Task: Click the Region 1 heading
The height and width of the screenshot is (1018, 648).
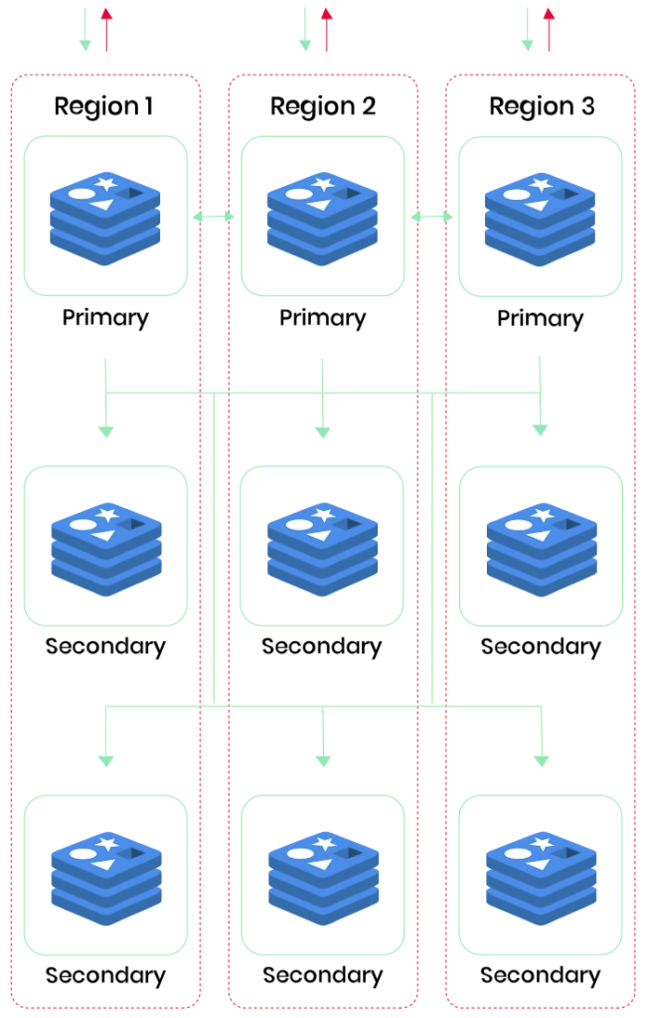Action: tap(103, 106)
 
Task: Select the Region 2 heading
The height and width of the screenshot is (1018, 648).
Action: tap(323, 106)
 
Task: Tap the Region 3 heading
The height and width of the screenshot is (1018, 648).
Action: tap(542, 106)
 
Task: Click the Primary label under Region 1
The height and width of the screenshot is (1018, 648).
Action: tap(105, 318)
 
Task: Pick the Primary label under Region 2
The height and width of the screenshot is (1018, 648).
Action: tap(322, 318)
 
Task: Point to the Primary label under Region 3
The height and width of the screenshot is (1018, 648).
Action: tap(540, 318)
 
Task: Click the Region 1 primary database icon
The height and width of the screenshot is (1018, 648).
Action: tap(105, 218)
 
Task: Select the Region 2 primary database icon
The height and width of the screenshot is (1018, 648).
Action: tap(322, 218)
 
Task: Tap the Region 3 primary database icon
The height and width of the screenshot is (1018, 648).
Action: tap(540, 218)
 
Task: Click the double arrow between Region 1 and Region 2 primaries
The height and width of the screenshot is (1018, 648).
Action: tap(214, 216)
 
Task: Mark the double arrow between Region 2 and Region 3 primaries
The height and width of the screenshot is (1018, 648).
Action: tap(431, 216)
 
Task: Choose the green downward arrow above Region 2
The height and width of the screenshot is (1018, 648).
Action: tap(305, 30)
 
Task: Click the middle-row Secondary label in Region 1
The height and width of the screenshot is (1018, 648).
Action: tap(105, 646)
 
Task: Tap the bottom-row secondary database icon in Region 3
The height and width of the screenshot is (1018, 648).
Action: tap(540, 876)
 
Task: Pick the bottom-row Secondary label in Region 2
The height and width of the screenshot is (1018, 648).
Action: tap(322, 975)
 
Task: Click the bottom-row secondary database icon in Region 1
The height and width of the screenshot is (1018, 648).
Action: tap(105, 876)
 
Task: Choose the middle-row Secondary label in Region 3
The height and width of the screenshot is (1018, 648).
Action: tap(541, 646)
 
